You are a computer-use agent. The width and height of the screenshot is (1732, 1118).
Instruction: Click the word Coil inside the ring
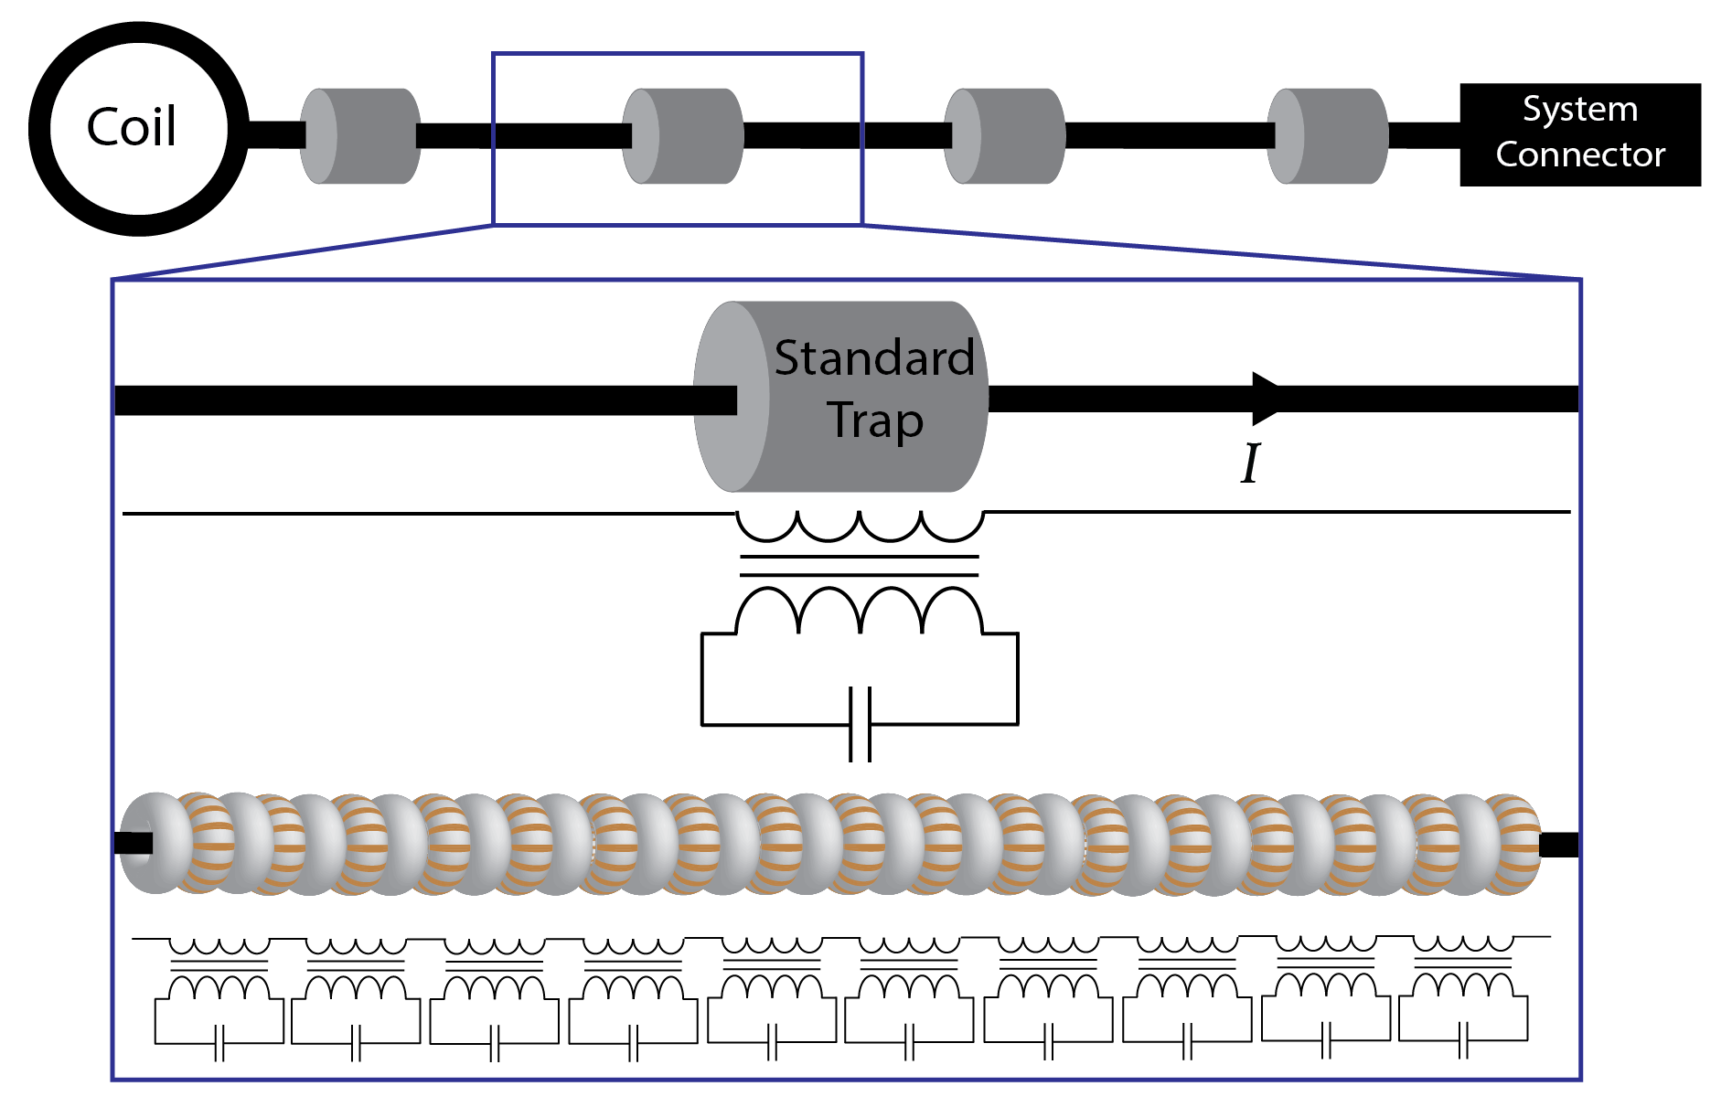[x=132, y=127]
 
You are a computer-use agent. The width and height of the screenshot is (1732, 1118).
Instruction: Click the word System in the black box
[x=1579, y=110]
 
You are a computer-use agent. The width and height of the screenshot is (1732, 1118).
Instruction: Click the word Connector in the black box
[x=1579, y=154]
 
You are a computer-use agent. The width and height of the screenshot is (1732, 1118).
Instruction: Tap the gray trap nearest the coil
[x=360, y=136]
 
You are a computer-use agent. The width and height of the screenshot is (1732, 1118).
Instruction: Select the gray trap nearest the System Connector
[x=1327, y=136]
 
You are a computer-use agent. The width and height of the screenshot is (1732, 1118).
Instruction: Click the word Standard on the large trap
[x=873, y=357]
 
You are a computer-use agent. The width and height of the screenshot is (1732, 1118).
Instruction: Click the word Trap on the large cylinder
[x=875, y=421]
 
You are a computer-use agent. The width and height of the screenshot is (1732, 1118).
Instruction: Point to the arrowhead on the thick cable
[x=1267, y=399]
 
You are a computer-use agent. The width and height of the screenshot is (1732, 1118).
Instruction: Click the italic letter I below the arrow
[x=1250, y=463]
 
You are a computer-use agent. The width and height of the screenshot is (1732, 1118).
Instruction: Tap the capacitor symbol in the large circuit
[x=860, y=724]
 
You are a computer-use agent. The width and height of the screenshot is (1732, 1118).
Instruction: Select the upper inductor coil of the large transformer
[x=860, y=527]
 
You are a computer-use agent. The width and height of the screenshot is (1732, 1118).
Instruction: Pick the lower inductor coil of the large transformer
[x=860, y=611]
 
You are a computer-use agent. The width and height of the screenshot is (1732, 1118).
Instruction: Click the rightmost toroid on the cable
[x=1513, y=843]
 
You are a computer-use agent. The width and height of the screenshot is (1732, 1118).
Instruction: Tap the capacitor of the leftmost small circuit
[x=219, y=1043]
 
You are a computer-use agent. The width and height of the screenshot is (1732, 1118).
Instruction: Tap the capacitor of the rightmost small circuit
[x=1463, y=1040]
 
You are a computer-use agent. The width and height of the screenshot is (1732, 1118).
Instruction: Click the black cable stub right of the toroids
[x=1559, y=845]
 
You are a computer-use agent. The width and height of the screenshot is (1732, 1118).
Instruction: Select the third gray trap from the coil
[x=1004, y=136]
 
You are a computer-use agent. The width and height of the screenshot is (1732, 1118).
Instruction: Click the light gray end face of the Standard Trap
[x=730, y=397]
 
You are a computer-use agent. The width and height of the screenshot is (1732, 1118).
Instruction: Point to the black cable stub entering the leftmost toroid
[x=133, y=843]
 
